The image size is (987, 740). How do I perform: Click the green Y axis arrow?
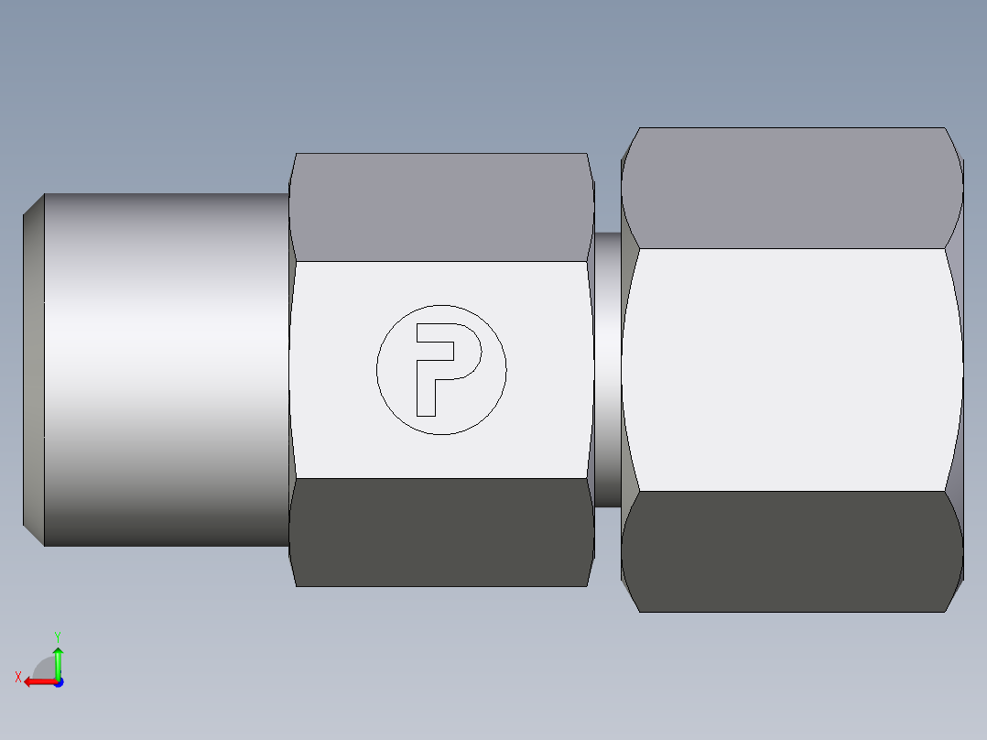[x=58, y=660]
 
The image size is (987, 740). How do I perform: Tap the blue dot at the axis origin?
[x=58, y=681]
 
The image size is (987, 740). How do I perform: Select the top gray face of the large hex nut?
[x=792, y=188]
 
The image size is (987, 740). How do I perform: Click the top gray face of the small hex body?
[x=440, y=207]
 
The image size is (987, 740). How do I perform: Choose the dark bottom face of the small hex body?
[x=440, y=531]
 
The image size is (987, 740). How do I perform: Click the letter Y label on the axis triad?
[x=58, y=635]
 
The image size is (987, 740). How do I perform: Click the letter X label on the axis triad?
[x=18, y=677]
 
